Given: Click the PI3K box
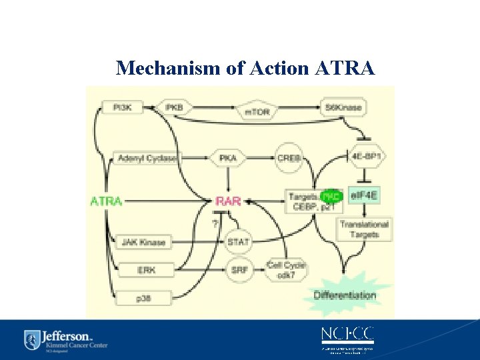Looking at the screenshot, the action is click(x=121, y=107).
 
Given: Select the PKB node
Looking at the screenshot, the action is click(x=174, y=107).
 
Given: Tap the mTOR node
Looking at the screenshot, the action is click(x=257, y=111).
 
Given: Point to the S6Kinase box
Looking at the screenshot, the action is click(x=343, y=107).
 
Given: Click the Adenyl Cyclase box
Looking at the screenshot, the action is click(x=147, y=158).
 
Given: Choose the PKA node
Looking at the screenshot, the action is click(x=229, y=158).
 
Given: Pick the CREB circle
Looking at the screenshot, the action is click(x=289, y=158).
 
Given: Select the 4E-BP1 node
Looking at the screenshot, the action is click(x=364, y=157).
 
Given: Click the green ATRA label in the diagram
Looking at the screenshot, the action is click(x=106, y=200).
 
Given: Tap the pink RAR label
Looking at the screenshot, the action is click(x=229, y=200).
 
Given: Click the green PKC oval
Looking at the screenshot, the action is click(x=330, y=197).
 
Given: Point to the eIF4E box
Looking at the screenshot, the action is click(x=364, y=196).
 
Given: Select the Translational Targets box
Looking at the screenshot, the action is click(x=364, y=229).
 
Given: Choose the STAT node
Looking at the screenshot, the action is click(x=238, y=241).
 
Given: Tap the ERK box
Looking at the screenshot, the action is click(x=145, y=270).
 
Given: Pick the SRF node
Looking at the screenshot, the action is click(x=238, y=270).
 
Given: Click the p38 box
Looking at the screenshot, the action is click(x=143, y=298).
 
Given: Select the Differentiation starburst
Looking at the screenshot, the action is click(x=345, y=294).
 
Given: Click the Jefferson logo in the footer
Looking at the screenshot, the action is click(x=65, y=339).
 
